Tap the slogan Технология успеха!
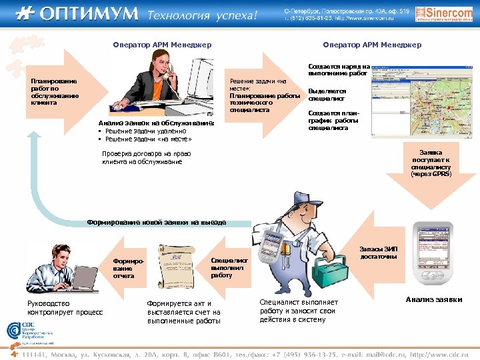[201, 15]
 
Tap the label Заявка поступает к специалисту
[431, 163]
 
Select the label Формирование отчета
[124, 268]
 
